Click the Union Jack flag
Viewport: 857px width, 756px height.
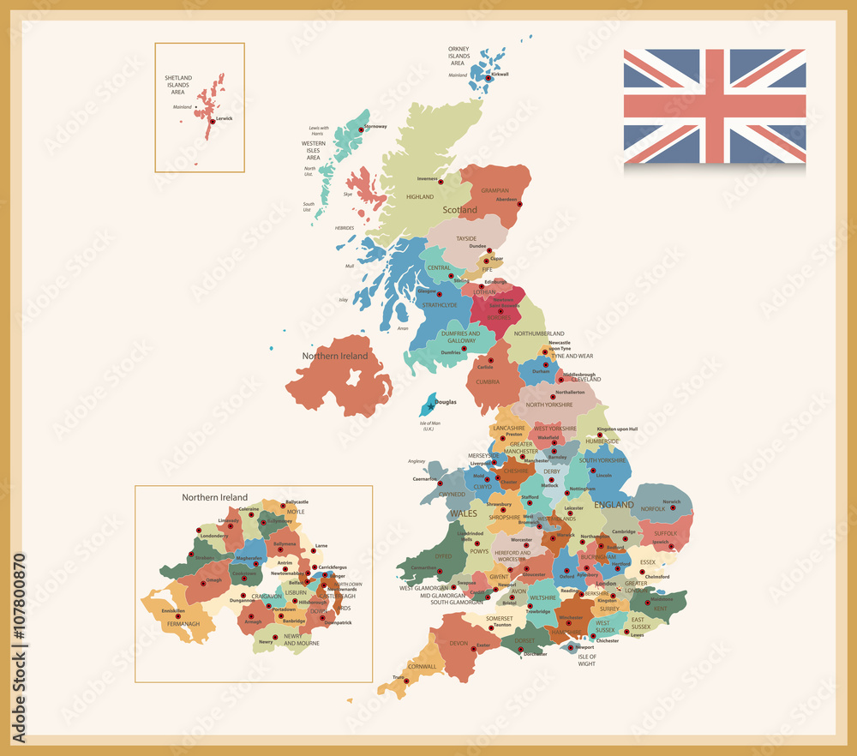coord(714,105)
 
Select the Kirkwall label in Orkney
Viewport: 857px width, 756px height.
coord(499,74)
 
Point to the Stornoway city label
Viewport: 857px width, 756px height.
coord(375,126)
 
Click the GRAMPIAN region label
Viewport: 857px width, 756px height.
coord(494,190)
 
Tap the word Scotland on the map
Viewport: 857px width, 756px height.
coord(459,209)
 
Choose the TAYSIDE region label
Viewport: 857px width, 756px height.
coord(466,238)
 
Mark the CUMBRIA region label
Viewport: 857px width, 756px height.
coord(488,382)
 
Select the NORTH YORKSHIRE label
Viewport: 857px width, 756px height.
coord(548,405)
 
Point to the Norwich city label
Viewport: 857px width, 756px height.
coord(671,501)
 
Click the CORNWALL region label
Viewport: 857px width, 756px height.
coord(422,666)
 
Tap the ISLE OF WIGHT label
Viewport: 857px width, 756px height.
coord(586,660)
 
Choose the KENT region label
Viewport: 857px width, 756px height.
coord(661,609)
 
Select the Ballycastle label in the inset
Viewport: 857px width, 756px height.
coord(297,501)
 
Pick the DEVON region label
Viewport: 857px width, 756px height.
coord(458,643)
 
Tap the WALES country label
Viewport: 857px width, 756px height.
coord(463,513)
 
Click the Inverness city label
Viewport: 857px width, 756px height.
coord(427,178)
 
